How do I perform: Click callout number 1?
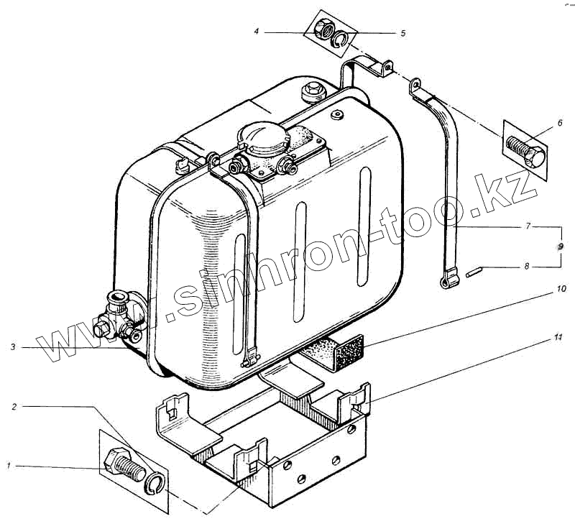coord(9,468)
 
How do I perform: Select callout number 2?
coord(14,407)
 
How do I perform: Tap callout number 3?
coord(13,348)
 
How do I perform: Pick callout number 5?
coord(402,33)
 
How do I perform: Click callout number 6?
coord(559,124)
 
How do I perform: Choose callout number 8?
coord(526,267)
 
